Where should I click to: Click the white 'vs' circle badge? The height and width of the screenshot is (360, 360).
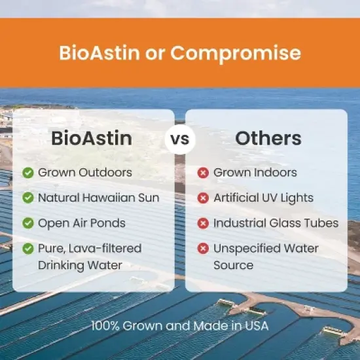point(180,140)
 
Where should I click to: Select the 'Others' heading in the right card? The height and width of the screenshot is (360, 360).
point(268,139)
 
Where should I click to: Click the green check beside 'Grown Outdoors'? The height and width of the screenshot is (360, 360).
point(28,173)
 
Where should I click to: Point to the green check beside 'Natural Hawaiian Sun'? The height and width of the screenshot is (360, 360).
point(28,198)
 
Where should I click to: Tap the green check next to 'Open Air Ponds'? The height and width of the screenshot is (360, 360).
point(28,223)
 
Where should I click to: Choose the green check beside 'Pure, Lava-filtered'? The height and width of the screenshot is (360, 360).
point(28,248)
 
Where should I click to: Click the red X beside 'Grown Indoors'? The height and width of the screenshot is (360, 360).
point(203,173)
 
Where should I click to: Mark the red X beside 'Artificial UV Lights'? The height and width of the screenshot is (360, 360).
point(203,198)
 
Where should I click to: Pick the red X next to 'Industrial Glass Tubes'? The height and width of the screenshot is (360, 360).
point(203,223)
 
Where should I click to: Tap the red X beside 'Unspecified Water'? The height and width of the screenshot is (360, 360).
point(203,248)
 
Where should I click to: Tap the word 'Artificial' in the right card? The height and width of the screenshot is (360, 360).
point(236,198)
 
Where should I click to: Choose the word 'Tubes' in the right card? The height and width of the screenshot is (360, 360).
point(322,223)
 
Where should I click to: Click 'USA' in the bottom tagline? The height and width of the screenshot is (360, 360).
point(257,325)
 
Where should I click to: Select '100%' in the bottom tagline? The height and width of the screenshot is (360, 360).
point(104,325)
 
